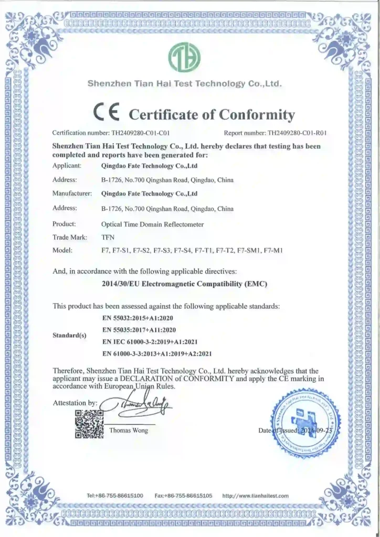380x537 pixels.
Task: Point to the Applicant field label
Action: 67,166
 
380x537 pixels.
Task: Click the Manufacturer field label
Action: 72,194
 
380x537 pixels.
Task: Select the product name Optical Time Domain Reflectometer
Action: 152,223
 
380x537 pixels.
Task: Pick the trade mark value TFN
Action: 107,237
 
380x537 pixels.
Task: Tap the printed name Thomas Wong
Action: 129,431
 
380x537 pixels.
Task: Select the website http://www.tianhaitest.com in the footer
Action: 256,495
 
